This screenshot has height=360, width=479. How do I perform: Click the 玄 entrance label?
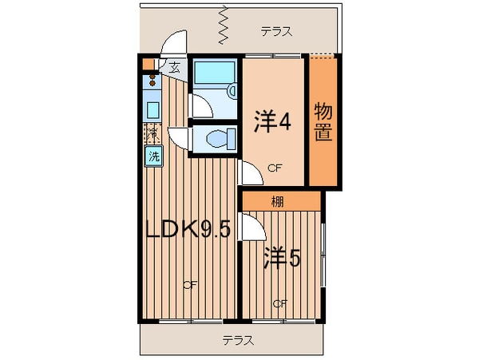click(174, 67)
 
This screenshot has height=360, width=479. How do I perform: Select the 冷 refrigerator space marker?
click(152, 133)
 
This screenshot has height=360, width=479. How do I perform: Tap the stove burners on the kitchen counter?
click(150, 80)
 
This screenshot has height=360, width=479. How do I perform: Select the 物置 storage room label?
click(323, 121)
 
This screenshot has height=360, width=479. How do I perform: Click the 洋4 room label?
click(271, 121)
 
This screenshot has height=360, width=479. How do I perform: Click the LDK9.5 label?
click(188, 230)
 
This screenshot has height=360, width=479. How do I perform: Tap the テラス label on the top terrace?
click(275, 32)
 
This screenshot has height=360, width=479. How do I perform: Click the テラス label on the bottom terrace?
click(236, 340)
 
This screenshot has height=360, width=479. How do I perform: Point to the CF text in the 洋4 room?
click(275, 168)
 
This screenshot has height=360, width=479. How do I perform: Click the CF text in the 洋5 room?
click(279, 303)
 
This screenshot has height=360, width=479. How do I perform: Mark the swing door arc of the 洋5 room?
click(254, 231)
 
